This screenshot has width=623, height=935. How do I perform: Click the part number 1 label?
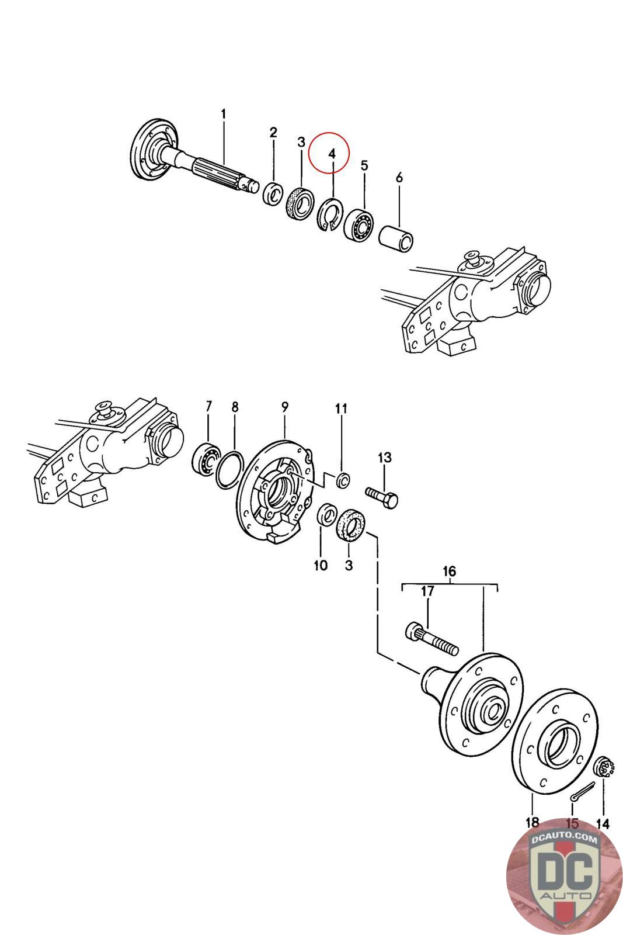pos(222,113)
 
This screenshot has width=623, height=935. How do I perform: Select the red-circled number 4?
pos(332,154)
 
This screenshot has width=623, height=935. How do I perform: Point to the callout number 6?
pos(399,178)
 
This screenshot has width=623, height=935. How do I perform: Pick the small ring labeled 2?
pos(273,193)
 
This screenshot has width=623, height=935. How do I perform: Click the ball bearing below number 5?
pos(360,224)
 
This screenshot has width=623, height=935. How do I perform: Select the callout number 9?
pos(285,406)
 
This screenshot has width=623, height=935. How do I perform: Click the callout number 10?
pos(321,566)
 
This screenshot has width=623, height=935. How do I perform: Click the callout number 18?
pos(532,823)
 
